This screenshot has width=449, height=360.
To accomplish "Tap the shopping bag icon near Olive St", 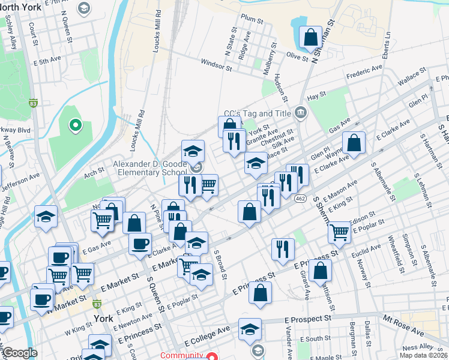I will (311, 37).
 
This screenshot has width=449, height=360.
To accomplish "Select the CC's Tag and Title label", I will (257, 113).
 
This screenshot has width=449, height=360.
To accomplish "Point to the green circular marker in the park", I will (75, 125).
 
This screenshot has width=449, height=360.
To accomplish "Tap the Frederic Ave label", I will (364, 73).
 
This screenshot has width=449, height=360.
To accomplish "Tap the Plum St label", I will (252, 18).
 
